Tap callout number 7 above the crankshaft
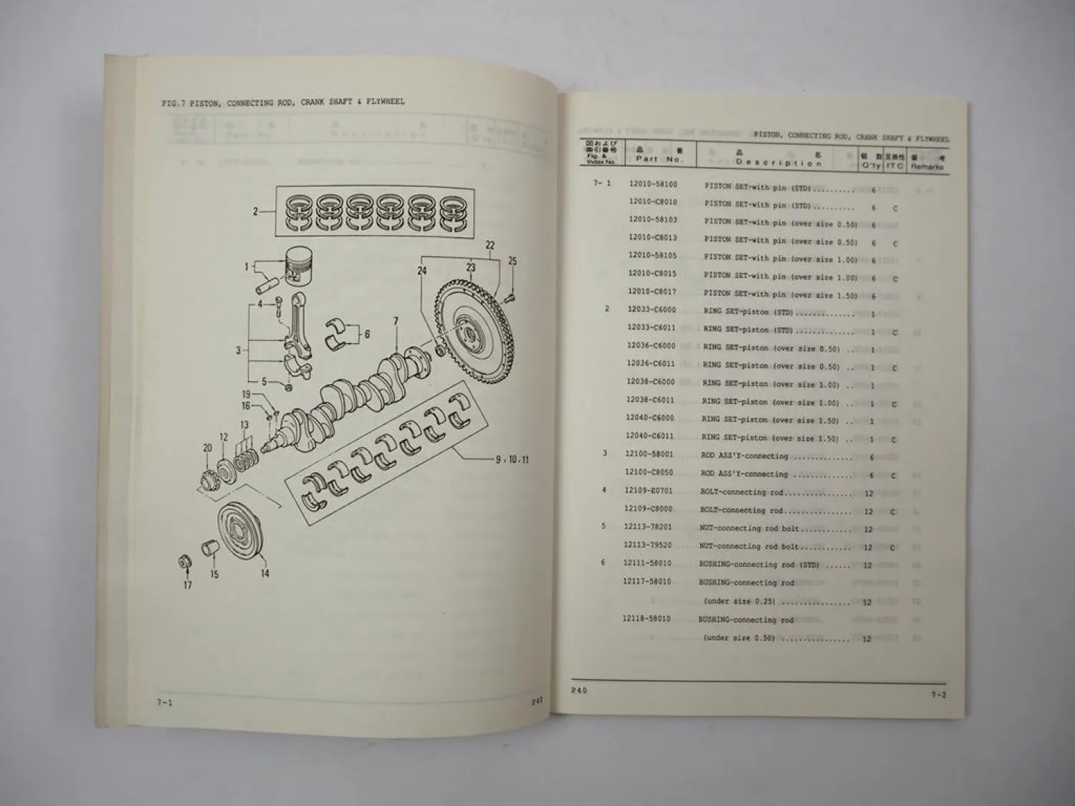point(396,322)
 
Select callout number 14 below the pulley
point(264,573)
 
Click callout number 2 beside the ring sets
point(255,211)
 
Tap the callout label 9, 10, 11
point(512,459)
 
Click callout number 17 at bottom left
point(188,585)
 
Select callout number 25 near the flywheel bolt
point(512,262)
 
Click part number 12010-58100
point(652,185)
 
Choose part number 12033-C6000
point(651,310)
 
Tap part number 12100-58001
point(649,455)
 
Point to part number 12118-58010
point(646,618)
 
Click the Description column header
point(778,163)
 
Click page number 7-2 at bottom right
point(938,694)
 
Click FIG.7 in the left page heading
point(173,103)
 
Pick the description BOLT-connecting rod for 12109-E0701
point(742,493)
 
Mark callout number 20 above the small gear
point(207,448)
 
